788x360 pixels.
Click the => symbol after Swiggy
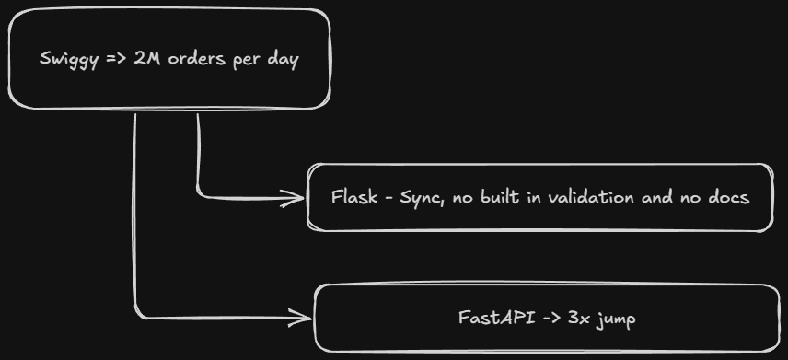(x=117, y=59)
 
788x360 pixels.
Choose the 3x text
(x=579, y=318)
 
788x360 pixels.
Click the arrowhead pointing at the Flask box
(x=296, y=198)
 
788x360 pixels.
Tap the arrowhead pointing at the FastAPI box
(x=303, y=318)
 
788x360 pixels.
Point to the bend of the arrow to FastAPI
(x=136, y=315)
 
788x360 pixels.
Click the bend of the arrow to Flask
(x=199, y=194)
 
